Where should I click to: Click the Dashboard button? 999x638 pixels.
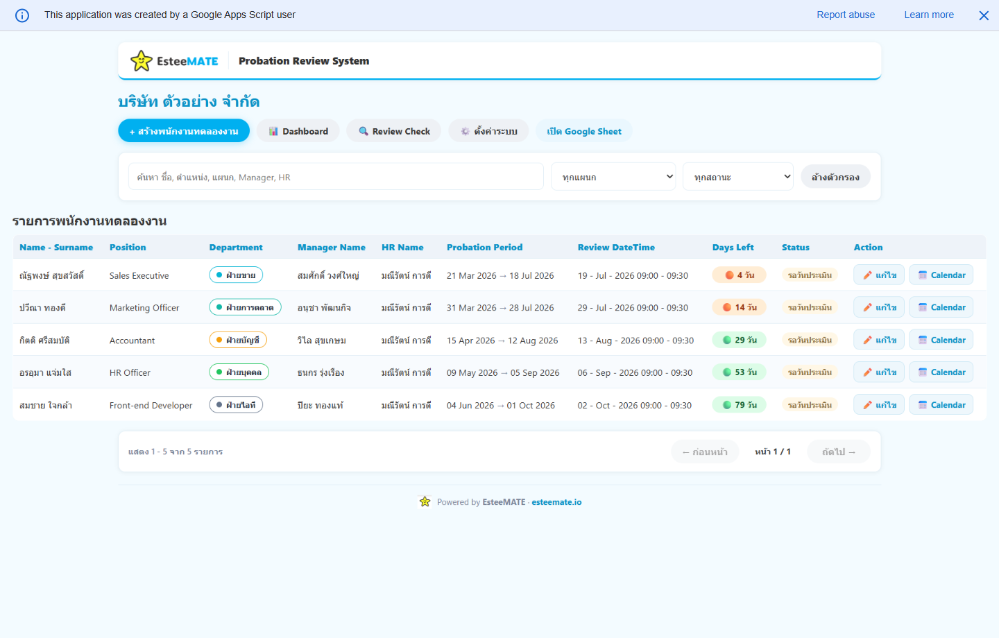[298, 131]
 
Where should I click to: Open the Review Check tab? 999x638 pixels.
[394, 131]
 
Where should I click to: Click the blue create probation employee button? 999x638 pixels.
[184, 131]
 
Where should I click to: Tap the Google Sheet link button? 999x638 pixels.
[584, 131]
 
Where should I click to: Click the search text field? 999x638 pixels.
[336, 177]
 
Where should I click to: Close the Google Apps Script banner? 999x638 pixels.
[984, 16]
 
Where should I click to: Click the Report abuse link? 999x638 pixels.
[846, 15]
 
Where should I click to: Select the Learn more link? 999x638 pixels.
[929, 15]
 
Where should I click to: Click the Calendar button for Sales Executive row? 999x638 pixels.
[941, 275]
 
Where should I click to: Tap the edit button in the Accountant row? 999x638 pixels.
[878, 340]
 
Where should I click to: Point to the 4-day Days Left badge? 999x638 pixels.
[739, 275]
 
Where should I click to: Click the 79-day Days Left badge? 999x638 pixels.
[739, 404]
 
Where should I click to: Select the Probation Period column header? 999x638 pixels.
[484, 247]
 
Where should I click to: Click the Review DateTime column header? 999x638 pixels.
[616, 247]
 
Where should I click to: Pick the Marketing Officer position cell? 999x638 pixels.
[144, 308]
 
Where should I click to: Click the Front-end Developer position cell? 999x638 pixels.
[151, 405]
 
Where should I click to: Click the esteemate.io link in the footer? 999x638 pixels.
[556, 502]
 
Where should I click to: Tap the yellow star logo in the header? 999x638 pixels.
[142, 60]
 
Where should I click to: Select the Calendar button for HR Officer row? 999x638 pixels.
[941, 372]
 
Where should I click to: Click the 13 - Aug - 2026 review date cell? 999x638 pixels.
[635, 340]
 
